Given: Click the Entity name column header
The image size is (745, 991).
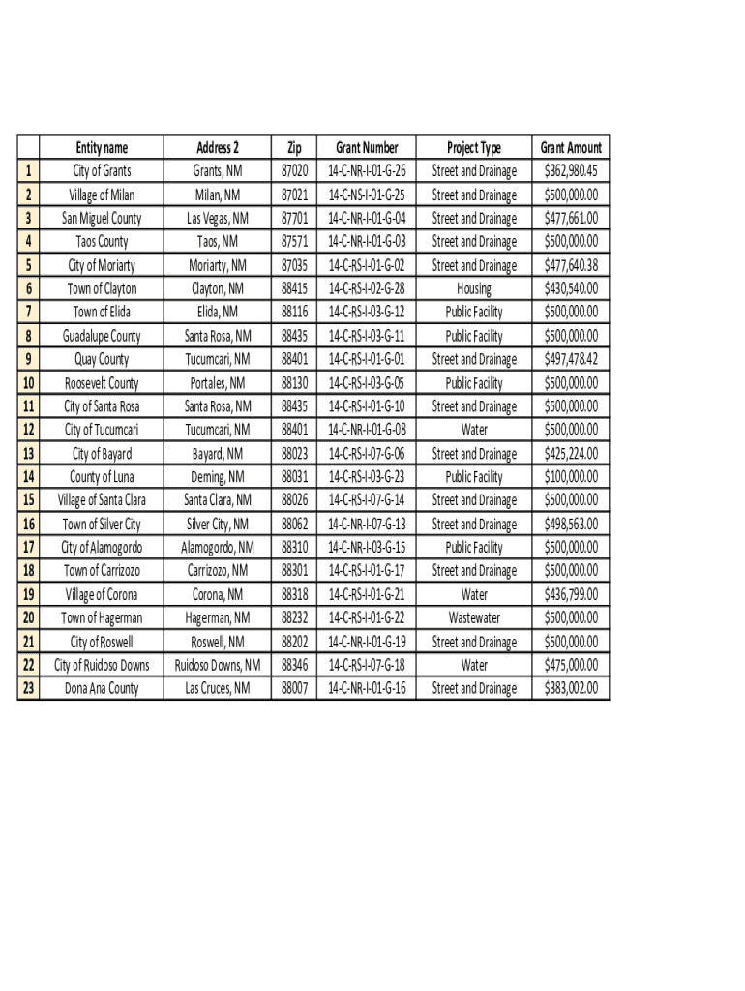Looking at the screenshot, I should coord(102,148).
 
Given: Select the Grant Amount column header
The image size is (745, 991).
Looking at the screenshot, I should coord(571,148).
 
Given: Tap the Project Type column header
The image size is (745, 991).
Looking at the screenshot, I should coord(474,148).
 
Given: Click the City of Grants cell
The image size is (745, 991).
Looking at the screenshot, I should coord(102,171).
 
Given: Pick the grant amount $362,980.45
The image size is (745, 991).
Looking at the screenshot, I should coord(571,171).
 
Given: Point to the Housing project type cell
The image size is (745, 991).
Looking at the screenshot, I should coord(474,288).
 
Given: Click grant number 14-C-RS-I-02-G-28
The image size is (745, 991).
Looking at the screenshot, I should coord(367,288).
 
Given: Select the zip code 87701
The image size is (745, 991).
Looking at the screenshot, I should coord(294,219).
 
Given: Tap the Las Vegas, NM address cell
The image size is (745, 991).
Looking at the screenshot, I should coord(218,219).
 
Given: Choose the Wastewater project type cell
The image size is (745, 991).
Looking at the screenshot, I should coord(474,617).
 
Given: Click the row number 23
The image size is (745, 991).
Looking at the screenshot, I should coord(29,688).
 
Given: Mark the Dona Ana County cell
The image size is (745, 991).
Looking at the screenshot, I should coord(102,688).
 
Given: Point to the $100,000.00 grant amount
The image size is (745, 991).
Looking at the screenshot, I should coord(571,476).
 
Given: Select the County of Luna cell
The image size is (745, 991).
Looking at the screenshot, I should coord(102,476).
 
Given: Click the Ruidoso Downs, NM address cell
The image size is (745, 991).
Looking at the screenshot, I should coord(218,665).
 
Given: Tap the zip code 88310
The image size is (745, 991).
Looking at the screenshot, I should coord(294,547).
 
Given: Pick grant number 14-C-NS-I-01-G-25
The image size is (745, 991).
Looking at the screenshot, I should coord(367,195).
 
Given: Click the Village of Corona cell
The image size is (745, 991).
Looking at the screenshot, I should coord(102,594).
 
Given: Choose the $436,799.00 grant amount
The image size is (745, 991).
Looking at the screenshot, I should coord(571,594).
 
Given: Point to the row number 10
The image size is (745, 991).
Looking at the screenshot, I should coord(29,383).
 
